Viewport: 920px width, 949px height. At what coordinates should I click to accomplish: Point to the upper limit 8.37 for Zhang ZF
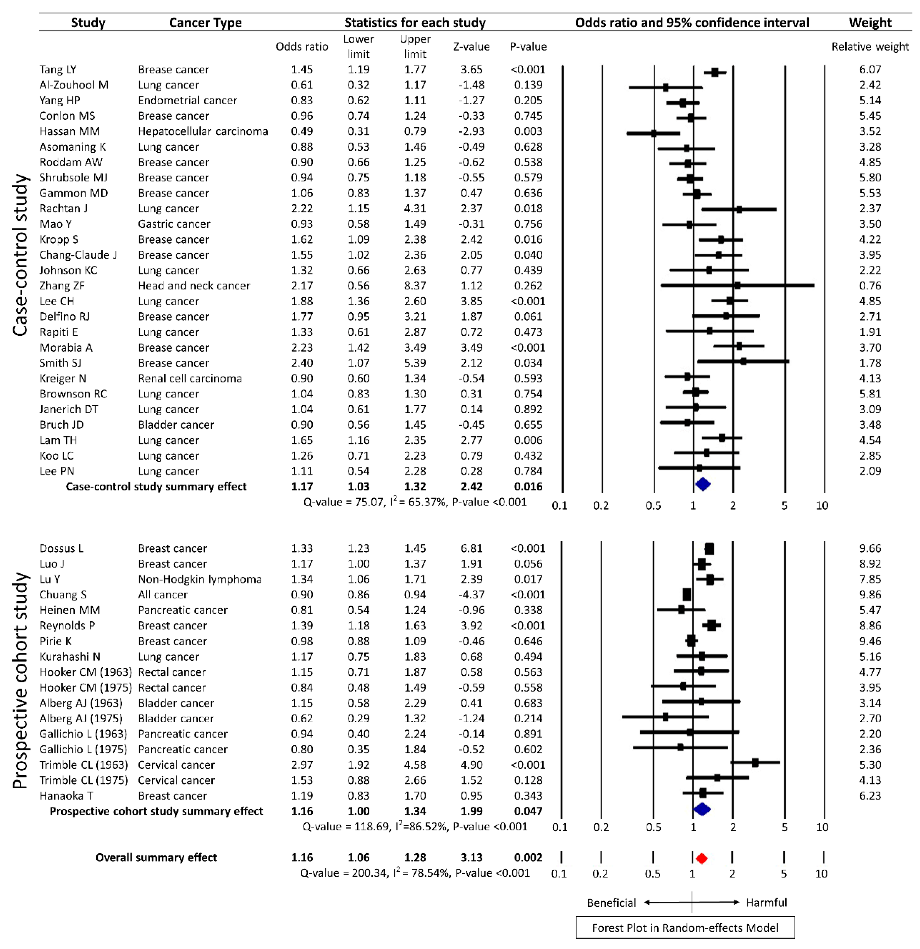415,286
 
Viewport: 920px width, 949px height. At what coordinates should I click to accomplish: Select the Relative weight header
870,46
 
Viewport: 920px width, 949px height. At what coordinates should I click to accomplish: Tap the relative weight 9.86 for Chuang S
870,595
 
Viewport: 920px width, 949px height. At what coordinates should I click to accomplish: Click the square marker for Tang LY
714,72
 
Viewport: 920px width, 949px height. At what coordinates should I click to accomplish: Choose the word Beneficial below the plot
611,903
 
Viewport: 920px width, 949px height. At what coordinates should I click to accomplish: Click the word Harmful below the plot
766,903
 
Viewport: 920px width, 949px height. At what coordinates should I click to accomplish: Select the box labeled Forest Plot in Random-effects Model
685,928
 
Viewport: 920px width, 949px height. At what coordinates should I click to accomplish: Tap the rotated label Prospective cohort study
20,680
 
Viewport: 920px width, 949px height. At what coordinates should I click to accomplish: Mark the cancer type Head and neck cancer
194,286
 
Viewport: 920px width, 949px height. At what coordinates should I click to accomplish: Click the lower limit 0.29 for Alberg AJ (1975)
358,718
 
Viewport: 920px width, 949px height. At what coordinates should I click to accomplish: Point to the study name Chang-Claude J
78,255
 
